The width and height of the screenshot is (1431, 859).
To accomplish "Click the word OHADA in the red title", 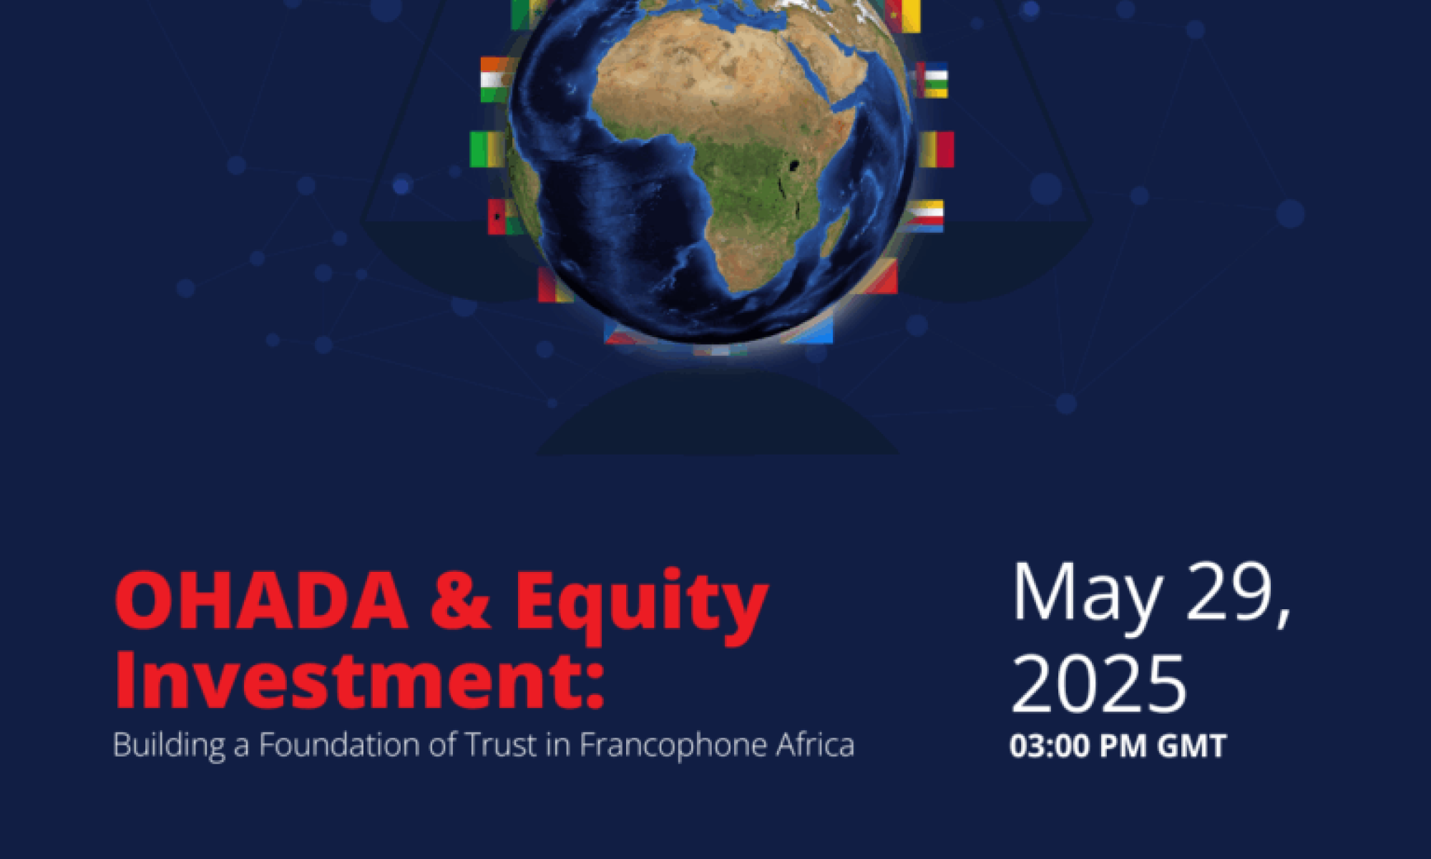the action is (x=262, y=601).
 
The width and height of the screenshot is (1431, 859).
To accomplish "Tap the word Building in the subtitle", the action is (x=169, y=746).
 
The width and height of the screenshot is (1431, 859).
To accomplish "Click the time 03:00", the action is (x=1049, y=746).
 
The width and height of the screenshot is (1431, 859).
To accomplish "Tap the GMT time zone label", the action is (x=1192, y=746).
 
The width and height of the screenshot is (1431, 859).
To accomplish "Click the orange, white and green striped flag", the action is (x=494, y=79).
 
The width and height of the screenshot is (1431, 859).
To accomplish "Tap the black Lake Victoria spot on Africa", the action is (x=793, y=167).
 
